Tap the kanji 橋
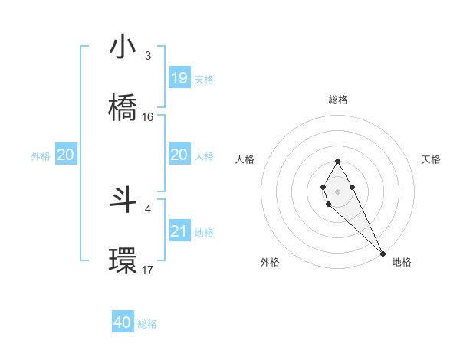(x=123, y=106)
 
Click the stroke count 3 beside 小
(x=148, y=56)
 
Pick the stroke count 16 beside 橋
(x=148, y=117)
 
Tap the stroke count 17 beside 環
(x=148, y=270)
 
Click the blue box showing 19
(x=179, y=78)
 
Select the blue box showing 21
(x=179, y=231)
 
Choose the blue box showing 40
(x=123, y=323)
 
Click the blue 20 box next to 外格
(x=66, y=155)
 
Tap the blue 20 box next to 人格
(x=179, y=155)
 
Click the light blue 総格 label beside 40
(x=147, y=324)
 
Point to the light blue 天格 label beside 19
(x=204, y=79)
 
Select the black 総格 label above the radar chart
(x=338, y=100)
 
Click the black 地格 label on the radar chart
(x=402, y=262)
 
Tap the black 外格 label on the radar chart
(x=270, y=262)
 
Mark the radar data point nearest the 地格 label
(x=383, y=254)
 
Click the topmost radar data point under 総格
(x=337, y=161)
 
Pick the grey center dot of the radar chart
(x=337, y=190)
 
